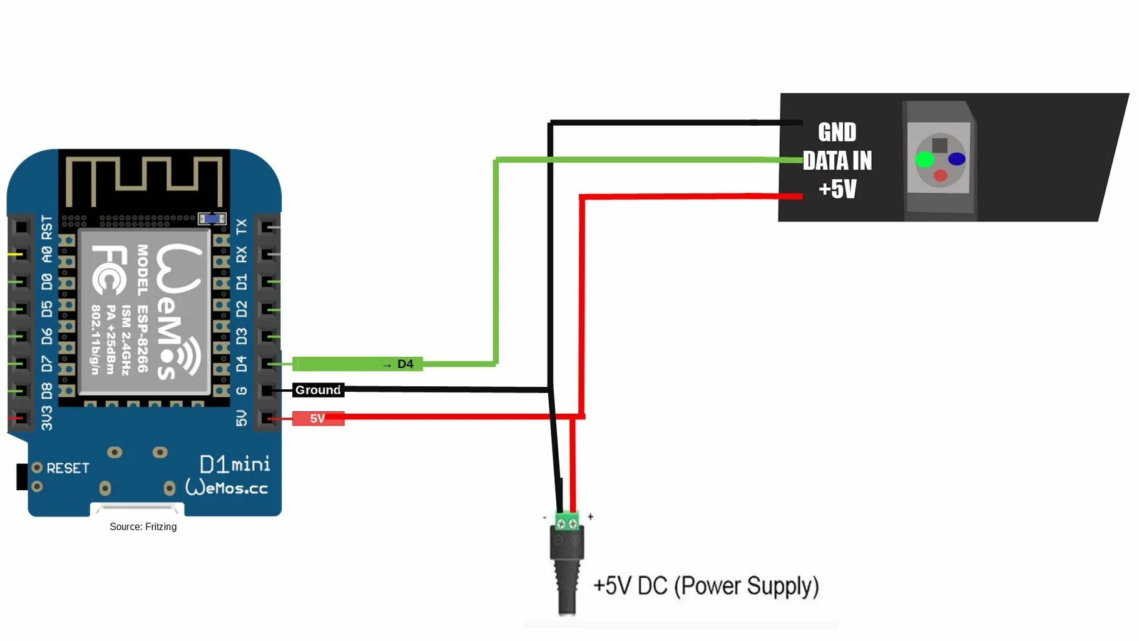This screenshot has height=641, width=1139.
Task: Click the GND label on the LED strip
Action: point(837,132)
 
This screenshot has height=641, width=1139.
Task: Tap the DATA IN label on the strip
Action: point(837,161)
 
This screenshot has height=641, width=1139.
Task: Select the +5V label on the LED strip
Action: point(837,188)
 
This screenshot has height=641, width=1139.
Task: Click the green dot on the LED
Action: point(924,160)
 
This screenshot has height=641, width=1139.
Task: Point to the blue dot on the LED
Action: point(956,159)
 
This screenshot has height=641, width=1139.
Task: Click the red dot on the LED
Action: point(940,176)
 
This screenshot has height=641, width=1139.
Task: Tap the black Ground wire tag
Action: point(318,390)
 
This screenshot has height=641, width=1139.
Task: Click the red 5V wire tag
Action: point(318,418)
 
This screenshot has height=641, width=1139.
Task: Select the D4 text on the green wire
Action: point(405,364)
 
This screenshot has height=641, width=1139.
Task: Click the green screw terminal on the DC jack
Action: point(567,521)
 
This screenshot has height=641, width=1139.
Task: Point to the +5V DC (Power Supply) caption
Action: point(705,586)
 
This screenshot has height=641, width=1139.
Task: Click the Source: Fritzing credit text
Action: point(143,527)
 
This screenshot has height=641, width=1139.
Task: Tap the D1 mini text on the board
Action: point(235,464)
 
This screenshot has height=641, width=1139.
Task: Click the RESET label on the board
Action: point(68,468)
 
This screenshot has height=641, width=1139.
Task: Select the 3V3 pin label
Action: point(47,418)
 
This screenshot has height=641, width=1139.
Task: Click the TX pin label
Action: point(242,227)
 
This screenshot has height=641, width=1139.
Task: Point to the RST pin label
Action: point(47,227)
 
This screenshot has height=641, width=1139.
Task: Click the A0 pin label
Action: point(47,255)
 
